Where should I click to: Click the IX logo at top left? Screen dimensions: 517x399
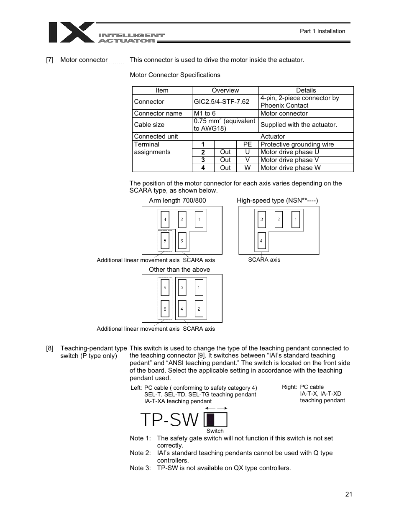click(72, 33)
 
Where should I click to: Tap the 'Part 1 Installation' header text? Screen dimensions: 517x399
click(322, 31)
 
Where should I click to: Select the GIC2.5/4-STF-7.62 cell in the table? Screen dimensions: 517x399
click(221, 102)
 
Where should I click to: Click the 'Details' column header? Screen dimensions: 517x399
click(306, 90)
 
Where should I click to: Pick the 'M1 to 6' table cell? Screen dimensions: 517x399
click(205, 113)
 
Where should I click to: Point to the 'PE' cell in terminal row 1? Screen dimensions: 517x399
click(247, 144)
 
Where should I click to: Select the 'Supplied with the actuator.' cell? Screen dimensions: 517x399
click(299, 125)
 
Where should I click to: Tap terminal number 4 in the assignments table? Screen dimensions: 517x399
click(203, 168)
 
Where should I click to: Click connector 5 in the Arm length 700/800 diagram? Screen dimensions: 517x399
click(165, 241)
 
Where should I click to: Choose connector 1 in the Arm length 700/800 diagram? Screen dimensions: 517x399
click(199, 219)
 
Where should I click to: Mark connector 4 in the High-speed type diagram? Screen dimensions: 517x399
click(261, 241)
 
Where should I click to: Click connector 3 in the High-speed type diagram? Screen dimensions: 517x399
click(261, 219)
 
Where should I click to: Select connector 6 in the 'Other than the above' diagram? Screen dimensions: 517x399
click(165, 309)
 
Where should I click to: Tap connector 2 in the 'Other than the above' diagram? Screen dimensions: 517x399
click(199, 309)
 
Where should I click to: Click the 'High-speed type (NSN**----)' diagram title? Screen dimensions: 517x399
click(277, 201)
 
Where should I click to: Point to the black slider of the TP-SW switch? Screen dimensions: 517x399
click(210, 419)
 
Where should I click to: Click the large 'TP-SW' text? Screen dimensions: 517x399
click(169, 419)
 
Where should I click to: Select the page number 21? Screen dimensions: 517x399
click(349, 494)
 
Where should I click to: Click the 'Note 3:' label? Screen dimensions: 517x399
click(140, 468)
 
